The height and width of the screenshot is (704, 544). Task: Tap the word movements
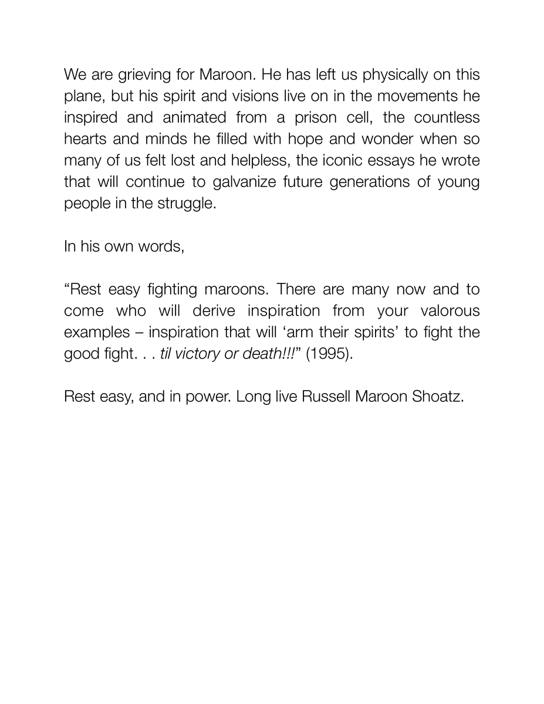421,96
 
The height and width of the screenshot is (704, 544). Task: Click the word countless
447,117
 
